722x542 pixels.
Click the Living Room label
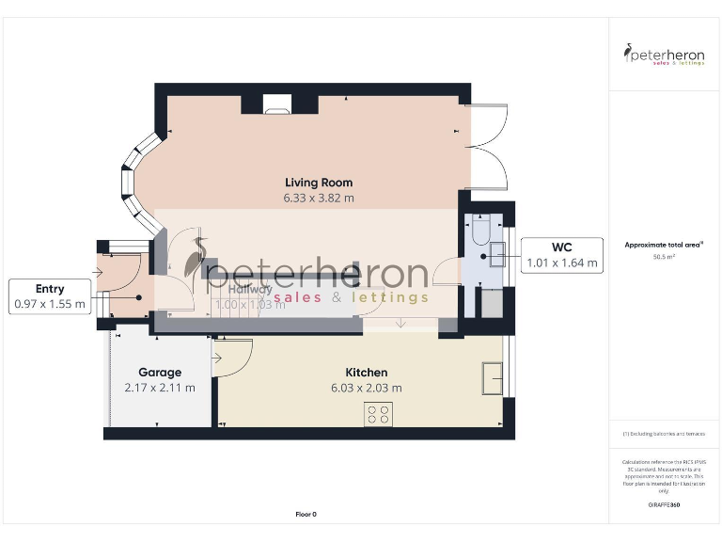coord(319,183)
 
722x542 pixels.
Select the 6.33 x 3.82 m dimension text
coord(319,199)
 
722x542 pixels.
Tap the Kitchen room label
coord(366,373)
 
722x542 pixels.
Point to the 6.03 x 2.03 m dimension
coord(366,388)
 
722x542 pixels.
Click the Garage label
coord(159,373)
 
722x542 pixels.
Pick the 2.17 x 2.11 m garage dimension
coord(159,388)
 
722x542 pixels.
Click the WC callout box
coord(562,255)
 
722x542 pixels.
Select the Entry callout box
coord(50,295)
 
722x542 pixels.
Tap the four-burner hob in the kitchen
coord(378,414)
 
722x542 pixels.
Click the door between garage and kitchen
coord(233,358)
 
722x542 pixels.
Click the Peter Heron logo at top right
coord(665,54)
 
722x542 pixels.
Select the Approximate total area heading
coord(664,245)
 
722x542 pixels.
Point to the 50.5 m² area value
coord(664,256)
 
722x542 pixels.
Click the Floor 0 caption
coord(306,514)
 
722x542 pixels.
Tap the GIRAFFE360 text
coord(664,505)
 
